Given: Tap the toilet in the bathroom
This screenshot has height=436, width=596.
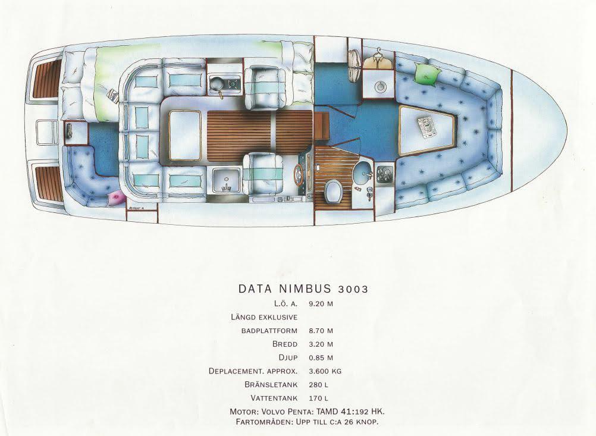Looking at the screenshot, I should [333, 191].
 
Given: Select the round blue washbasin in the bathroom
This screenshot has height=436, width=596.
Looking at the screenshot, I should [360, 175].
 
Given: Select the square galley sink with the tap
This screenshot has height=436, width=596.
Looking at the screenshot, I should [225, 178].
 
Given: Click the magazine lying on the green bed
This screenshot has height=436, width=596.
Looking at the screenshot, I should [113, 93].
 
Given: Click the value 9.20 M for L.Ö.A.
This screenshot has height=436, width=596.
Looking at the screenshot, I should [321, 303].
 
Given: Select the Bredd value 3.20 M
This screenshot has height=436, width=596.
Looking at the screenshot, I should [321, 344].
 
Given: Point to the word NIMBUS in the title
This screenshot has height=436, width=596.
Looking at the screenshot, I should [303, 289].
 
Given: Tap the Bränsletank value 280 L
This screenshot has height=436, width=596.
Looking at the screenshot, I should [318, 385].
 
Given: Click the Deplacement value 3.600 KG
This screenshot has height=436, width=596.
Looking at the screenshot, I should [325, 371].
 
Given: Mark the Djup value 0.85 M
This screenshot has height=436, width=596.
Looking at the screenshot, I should [321, 358].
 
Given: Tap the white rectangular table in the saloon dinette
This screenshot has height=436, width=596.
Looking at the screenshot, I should [184, 136].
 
